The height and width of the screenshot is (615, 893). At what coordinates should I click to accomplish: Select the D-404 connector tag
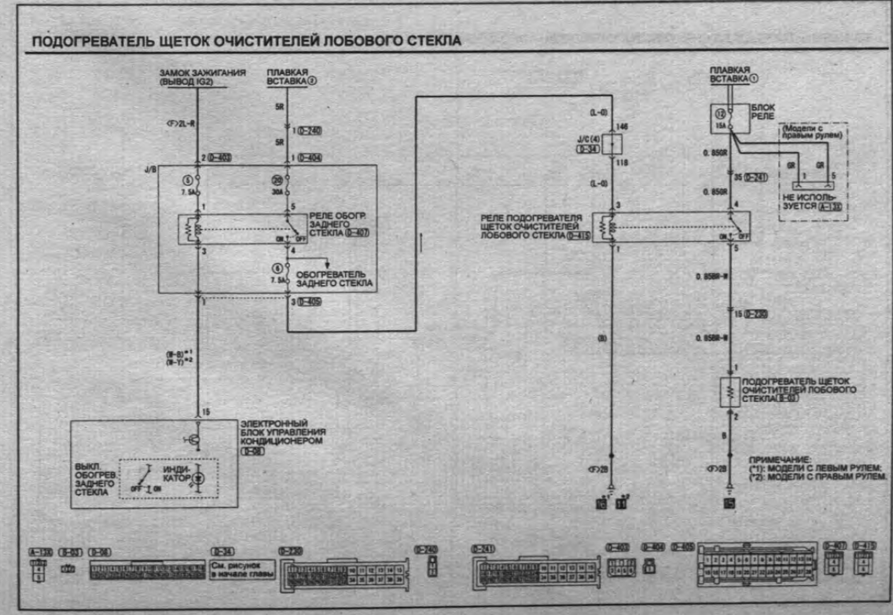click(310, 159)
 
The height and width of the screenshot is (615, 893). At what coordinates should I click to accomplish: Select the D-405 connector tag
click(310, 302)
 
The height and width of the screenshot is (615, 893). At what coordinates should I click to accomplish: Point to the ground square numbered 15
click(730, 503)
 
